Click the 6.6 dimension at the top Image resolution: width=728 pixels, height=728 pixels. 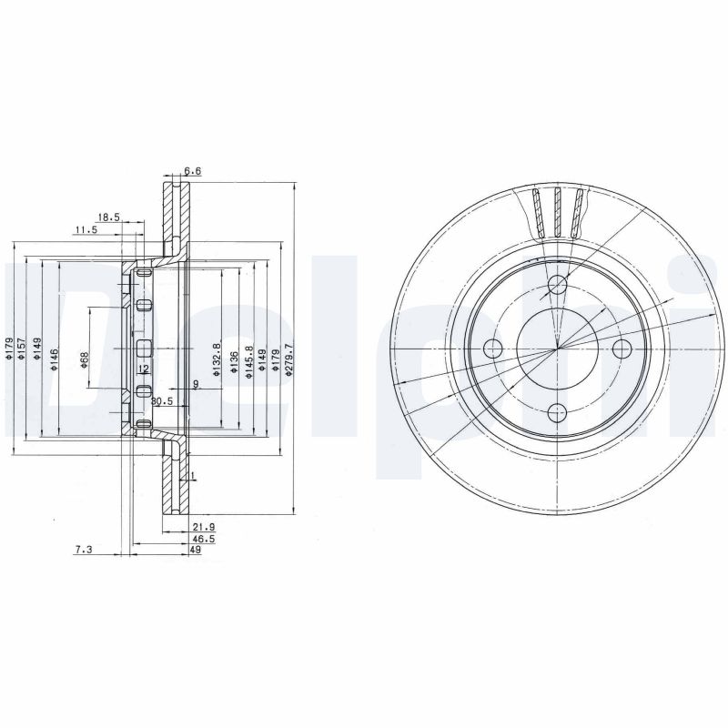[x=192, y=171]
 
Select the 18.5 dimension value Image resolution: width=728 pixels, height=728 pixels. [x=108, y=217]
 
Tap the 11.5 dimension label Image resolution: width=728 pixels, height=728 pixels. [x=86, y=231]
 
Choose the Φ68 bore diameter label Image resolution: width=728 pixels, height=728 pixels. [x=85, y=359]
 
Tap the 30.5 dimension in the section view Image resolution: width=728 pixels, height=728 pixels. [x=162, y=401]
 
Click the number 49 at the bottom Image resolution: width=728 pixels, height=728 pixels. [x=196, y=551]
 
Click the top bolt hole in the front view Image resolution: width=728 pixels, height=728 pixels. [x=557, y=288]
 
